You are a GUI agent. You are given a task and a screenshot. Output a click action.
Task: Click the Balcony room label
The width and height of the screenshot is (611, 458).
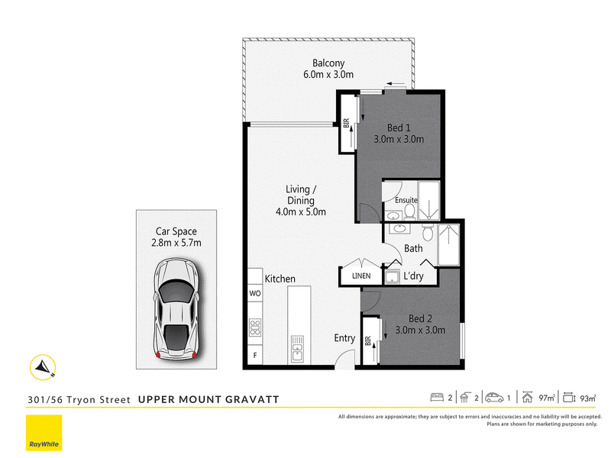(x=328, y=63)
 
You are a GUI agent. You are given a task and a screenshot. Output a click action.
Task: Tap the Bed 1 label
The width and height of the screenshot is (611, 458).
(x=399, y=127)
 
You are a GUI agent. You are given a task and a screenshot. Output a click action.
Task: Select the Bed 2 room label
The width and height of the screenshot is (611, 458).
(x=420, y=318)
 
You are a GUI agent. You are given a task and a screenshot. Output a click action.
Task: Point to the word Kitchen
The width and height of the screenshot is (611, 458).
(x=280, y=279)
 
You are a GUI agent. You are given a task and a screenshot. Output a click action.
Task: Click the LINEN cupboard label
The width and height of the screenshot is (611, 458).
(x=361, y=276)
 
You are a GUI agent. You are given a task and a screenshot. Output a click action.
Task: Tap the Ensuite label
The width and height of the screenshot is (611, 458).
(x=406, y=200)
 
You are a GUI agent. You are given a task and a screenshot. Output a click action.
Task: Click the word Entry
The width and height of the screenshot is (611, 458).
(x=344, y=338)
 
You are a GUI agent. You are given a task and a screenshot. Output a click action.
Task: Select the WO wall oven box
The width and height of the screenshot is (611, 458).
(x=255, y=293)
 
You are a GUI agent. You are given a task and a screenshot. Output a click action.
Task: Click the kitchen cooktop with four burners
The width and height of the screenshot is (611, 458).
(x=255, y=327)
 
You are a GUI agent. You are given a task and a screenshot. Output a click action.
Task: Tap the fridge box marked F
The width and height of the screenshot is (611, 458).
(x=255, y=355)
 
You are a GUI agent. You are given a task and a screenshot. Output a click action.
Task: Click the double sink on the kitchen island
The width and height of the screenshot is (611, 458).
(x=297, y=350)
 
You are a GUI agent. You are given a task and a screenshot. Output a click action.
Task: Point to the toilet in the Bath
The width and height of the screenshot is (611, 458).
(x=428, y=233)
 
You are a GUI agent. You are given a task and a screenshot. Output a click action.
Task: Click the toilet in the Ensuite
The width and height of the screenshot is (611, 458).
(x=409, y=211)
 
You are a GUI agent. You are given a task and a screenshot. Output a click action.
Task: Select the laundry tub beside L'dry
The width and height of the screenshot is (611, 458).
(x=392, y=277)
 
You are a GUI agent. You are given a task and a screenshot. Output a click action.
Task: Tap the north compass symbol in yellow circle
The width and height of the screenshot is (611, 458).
(x=43, y=367)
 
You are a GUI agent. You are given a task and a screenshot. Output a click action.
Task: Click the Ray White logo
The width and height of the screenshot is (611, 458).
(x=44, y=433)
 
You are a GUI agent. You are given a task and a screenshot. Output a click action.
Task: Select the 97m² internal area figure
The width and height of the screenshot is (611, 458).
(x=547, y=398)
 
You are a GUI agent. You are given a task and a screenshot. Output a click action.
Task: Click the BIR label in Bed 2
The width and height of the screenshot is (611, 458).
(x=368, y=340)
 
